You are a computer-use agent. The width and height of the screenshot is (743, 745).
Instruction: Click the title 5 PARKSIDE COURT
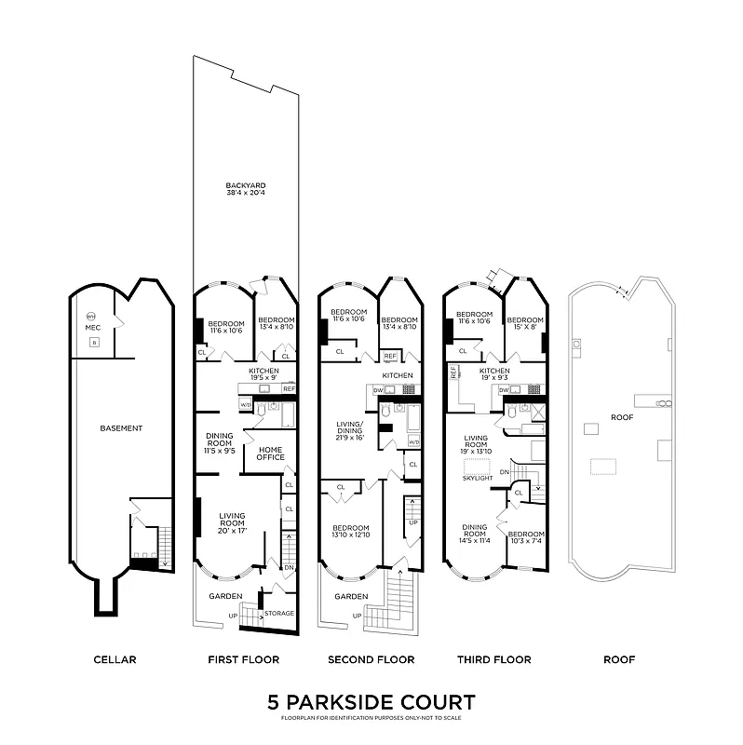371,702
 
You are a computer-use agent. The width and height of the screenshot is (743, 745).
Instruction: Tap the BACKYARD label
246,189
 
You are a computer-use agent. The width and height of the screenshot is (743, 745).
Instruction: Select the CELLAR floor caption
115,659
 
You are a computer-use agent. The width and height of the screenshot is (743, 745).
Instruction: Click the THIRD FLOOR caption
493,659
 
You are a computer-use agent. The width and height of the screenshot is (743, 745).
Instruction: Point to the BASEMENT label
121,428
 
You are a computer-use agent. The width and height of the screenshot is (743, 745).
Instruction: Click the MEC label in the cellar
93,328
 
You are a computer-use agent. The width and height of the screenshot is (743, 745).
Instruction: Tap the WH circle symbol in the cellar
92,316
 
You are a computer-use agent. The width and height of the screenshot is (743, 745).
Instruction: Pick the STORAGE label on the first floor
279,613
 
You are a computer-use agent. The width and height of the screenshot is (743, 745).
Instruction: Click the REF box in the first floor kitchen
289,388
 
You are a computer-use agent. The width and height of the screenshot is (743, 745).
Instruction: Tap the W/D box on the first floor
246,405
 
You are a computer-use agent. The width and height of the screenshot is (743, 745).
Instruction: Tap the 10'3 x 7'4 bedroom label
527,537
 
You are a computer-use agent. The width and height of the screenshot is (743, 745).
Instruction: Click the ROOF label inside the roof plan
623,417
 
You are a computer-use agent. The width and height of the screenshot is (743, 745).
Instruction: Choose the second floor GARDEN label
350,597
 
